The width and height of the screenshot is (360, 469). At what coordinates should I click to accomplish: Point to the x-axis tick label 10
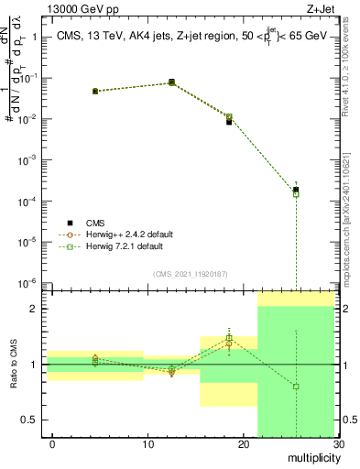coord(147,443)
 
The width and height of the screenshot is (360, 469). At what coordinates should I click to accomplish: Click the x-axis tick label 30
coord(338,443)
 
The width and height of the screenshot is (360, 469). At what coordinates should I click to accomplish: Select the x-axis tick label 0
coord(52,443)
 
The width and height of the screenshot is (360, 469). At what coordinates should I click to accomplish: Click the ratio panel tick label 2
coord(34,309)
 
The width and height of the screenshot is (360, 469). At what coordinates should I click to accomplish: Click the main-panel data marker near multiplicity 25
coord(296,190)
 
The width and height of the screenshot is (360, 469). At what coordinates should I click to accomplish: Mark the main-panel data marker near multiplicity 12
coord(171,82)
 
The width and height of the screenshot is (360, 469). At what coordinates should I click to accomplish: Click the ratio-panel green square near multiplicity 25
coord(296,387)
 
